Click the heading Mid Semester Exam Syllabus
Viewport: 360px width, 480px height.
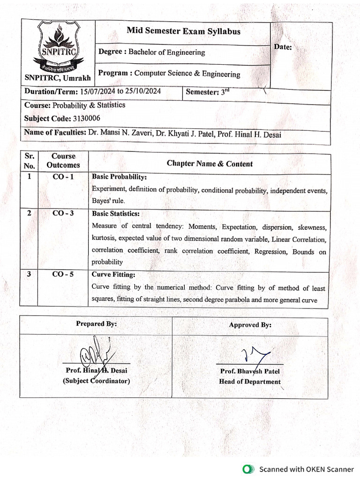[183, 31]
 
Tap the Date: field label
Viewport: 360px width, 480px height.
[283, 47]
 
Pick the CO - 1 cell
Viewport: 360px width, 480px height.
[63, 177]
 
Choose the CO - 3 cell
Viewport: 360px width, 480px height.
[63, 213]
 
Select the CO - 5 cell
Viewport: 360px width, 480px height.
[63, 275]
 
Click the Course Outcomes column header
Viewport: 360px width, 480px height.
[63, 160]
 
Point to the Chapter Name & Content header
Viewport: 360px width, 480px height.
[210, 164]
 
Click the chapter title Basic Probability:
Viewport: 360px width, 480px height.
[119, 177]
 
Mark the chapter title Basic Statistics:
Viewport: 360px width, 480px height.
[115, 213]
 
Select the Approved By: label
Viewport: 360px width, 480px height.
[250, 325]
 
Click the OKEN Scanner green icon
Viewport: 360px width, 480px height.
[247, 469]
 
